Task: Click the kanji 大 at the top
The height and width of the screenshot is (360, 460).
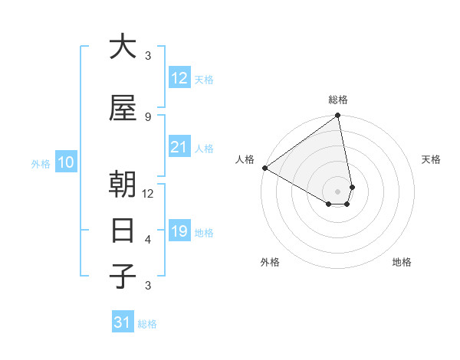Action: pos(123,47)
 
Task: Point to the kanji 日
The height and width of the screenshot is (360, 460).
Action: pos(123,231)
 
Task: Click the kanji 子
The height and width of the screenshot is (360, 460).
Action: pos(123,277)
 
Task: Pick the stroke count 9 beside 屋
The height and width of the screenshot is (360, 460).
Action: pos(148,116)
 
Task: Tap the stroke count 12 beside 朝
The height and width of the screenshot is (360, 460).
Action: pos(148,193)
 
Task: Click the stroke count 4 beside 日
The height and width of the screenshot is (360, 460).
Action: pos(148,239)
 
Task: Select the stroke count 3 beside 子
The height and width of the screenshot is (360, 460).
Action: pos(148,285)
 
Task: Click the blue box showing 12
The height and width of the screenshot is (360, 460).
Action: pos(179,78)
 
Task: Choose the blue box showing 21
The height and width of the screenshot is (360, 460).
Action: pos(179,147)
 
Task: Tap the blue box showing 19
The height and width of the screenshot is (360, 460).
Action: pos(179,231)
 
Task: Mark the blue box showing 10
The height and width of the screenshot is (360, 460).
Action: pos(66,162)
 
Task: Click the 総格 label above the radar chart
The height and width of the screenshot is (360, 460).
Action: pos(338,100)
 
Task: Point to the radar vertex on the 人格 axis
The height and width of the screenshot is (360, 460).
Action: pos(264,168)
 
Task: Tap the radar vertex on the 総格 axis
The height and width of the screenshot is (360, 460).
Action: pos(338,116)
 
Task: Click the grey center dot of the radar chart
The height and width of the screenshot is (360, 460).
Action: pos(338,191)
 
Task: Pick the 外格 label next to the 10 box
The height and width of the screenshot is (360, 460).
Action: pos(40,163)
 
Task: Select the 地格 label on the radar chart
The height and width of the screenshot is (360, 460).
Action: pos(402,262)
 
